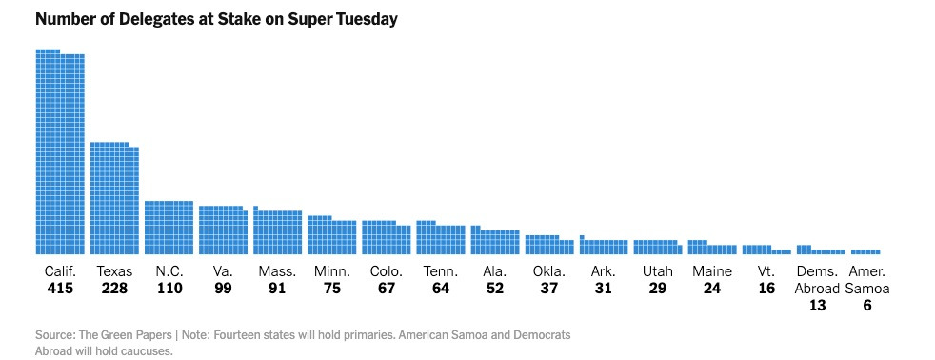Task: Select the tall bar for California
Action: [60, 152]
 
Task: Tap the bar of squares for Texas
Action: [114, 199]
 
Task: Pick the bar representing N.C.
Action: [169, 228]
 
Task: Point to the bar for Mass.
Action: [277, 232]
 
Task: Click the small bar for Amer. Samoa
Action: [865, 251]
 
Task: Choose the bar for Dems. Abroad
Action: [820, 250]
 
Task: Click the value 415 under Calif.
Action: [60, 289]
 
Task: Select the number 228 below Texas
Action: [114, 289]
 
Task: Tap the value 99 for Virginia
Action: [223, 289]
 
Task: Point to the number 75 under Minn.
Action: [331, 289]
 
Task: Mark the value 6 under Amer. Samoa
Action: [865, 306]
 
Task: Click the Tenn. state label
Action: [440, 271]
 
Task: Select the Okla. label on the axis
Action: [548, 271]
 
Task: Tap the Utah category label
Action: [657, 271]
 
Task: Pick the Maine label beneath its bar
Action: [711, 271]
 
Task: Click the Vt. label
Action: [766, 271]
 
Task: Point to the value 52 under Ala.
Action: [494, 289]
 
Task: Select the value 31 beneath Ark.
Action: [603, 289]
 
